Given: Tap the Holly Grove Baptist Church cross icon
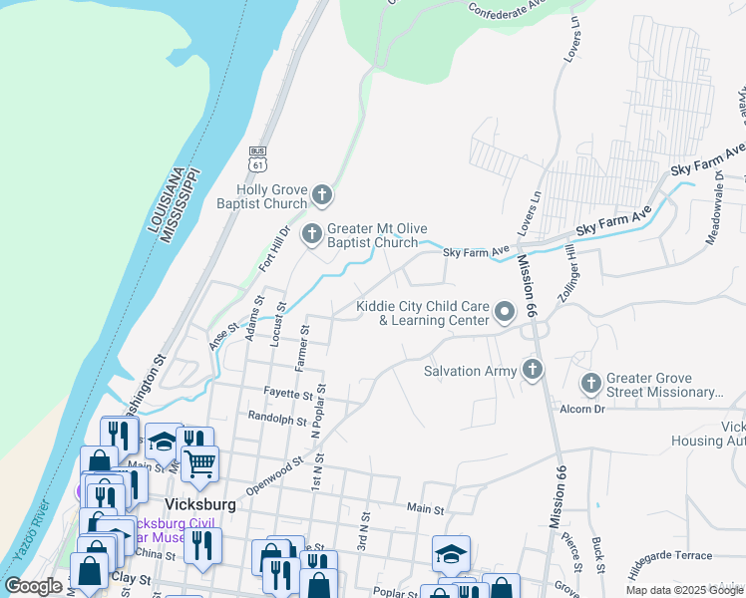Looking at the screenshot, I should coord(320,193).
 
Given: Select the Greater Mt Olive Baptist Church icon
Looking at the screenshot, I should coord(312,234).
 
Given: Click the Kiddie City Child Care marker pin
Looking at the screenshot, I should coord(505,313).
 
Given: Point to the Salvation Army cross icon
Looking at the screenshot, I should coord(533,371).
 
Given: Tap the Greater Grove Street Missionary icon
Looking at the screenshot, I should coord(591,383).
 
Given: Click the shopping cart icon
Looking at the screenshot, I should coord(199,461).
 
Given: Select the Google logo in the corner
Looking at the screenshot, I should coord(33,586).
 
